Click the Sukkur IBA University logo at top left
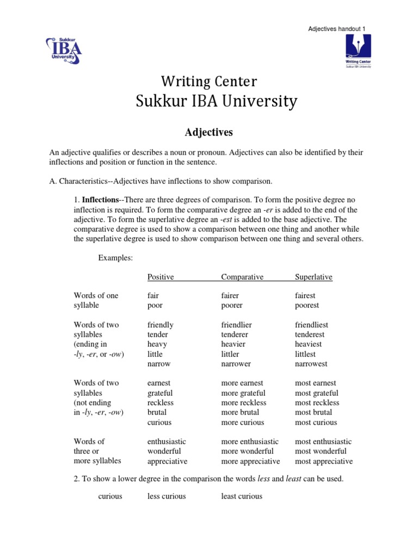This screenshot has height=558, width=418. point(64,50)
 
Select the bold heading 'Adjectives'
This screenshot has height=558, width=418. point(209,132)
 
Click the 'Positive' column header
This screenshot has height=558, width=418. point(161,277)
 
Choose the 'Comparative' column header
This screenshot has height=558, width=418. point(242,277)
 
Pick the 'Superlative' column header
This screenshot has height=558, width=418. point(313,277)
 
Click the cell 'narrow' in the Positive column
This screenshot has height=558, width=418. point(159,364)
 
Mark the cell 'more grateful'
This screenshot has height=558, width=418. point(243,393)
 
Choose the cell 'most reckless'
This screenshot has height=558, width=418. point(317,403)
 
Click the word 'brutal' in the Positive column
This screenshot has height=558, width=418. point(157,413)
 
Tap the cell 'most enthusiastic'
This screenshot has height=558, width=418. point(323,441)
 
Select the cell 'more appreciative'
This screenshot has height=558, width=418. point(250,461)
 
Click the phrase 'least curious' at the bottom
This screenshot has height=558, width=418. point(242,496)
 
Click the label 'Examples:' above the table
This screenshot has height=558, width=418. point(115,258)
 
